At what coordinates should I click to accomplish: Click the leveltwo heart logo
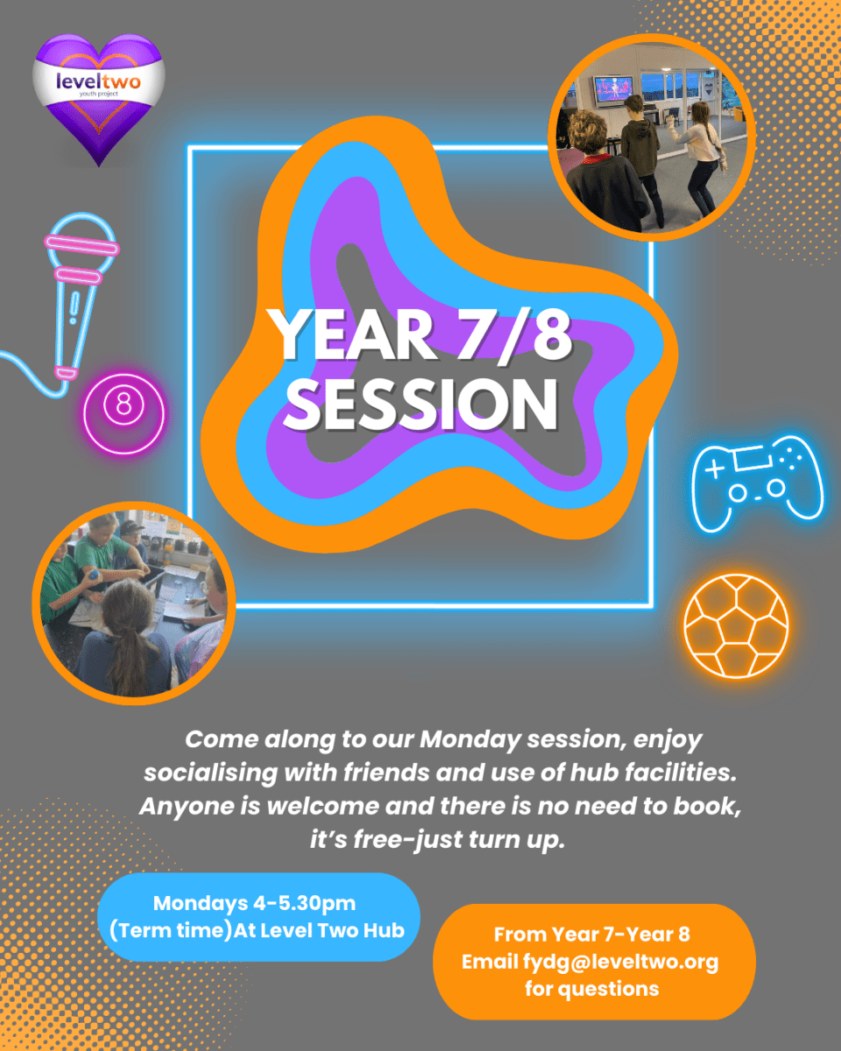[x=99, y=98]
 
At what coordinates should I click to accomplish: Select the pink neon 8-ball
[x=124, y=413]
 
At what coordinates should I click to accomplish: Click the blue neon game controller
[x=758, y=483]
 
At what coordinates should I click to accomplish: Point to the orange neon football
[x=736, y=626]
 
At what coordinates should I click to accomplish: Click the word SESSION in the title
[x=421, y=405]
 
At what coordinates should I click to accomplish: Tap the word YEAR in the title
[x=353, y=335]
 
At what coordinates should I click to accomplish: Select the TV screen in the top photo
[x=614, y=88]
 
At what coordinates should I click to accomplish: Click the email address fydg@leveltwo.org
[x=620, y=962]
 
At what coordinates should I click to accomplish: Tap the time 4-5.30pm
[x=305, y=903]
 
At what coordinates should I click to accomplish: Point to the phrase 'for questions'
[x=592, y=989]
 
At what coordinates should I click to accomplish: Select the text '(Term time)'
[x=171, y=930]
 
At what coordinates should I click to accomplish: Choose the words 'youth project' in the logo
[x=99, y=94]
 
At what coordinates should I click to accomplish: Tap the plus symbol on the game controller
[x=715, y=468]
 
